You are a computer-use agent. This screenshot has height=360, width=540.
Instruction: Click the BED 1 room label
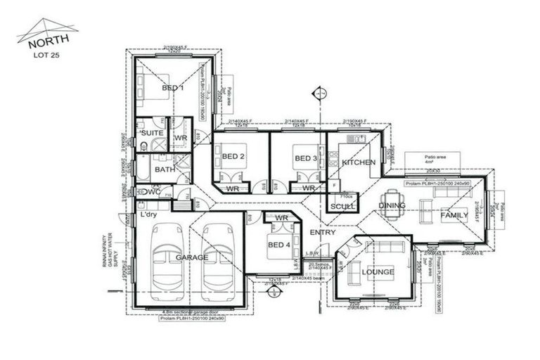[172, 88]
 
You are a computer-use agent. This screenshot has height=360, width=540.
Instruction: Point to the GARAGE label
[192, 258]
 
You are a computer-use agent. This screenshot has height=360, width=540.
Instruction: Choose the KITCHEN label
[358, 162]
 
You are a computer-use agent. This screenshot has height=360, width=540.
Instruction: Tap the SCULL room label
[343, 206]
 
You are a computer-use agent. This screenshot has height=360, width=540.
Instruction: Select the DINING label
[392, 206]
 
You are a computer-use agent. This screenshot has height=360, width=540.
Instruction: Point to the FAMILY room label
[454, 216]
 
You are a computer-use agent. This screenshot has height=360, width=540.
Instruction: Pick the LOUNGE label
[378, 271]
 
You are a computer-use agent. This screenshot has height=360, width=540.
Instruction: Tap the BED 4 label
[278, 245]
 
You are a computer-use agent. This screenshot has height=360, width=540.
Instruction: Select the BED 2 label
[233, 157]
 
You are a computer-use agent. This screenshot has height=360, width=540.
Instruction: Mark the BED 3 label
[305, 157]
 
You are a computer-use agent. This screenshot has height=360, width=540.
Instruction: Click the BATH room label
[165, 169]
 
